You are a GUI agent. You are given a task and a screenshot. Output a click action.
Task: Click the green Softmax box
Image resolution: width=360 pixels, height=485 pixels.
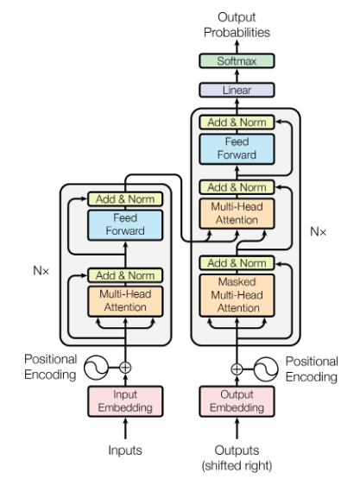[x=237, y=61]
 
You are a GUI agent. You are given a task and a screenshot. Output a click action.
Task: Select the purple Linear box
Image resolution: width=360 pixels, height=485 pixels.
[x=237, y=90]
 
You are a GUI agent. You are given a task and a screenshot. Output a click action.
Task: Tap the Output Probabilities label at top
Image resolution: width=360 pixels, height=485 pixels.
[x=237, y=24]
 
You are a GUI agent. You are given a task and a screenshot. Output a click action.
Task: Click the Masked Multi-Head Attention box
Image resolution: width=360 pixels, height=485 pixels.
[x=237, y=294]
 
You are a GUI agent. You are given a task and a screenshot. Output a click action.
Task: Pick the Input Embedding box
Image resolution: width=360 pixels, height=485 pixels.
[x=125, y=401]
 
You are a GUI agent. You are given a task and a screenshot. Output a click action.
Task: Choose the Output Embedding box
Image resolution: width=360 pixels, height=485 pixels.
[x=237, y=401]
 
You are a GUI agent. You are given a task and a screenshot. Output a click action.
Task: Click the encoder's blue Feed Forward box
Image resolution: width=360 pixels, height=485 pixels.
[x=125, y=225]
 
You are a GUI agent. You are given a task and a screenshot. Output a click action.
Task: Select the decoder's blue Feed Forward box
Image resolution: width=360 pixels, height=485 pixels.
[x=237, y=149]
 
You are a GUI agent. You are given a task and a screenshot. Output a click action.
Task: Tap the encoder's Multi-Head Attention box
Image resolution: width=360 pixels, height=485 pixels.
[x=125, y=299]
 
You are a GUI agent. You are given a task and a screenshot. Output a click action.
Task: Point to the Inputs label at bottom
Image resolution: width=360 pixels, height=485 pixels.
[x=125, y=450]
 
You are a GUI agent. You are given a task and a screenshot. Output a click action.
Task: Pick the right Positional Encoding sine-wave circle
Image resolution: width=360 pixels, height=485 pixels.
[x=267, y=368]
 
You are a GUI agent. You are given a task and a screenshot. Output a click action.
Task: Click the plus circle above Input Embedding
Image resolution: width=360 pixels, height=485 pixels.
[x=125, y=368]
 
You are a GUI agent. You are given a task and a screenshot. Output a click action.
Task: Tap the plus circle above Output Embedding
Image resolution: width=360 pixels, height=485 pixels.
[x=237, y=368]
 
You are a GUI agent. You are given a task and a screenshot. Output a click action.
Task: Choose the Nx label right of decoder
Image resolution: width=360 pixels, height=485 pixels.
[x=319, y=231]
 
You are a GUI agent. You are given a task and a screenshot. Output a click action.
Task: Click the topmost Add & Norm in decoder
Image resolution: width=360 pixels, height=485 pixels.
[x=237, y=123]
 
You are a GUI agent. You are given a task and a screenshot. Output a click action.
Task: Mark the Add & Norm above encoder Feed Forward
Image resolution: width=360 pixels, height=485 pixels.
[x=125, y=199]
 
